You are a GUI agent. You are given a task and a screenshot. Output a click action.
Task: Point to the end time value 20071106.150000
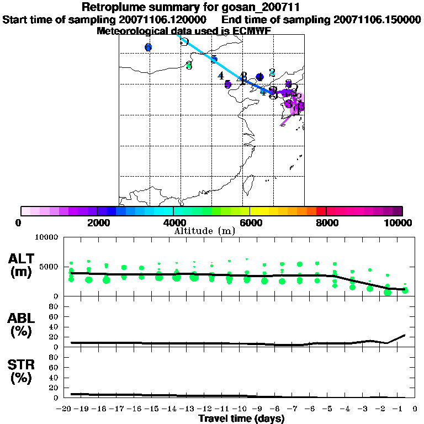[x=378, y=19]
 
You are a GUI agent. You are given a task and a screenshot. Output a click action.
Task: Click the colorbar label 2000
[x=97, y=222]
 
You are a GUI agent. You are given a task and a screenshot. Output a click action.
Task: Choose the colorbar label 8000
[x=326, y=222]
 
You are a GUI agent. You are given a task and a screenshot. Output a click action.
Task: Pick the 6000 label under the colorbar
[x=250, y=222]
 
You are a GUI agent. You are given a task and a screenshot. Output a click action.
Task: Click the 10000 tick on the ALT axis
[x=46, y=237]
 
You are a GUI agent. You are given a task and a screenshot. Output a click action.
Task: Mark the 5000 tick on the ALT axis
[x=49, y=267]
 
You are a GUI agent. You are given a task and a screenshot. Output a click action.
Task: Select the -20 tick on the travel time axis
[x=65, y=409]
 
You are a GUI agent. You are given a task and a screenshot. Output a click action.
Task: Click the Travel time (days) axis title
[x=241, y=419]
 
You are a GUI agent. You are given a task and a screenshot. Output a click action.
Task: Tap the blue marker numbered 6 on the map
[x=148, y=47]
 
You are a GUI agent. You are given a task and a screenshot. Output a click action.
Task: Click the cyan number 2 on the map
[x=272, y=72]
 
